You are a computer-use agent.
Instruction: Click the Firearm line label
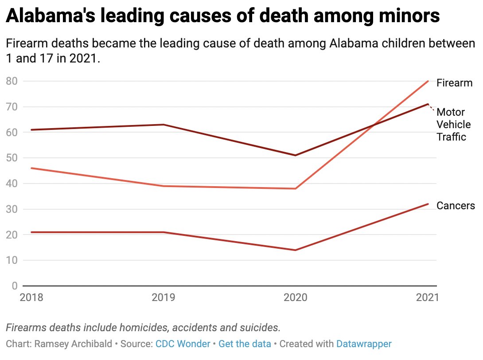tap(454, 83)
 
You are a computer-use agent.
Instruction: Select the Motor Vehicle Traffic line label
tap(451, 125)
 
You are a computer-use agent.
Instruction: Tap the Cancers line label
tap(456, 206)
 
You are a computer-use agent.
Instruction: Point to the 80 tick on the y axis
tap(12, 81)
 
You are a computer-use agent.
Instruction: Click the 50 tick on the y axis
tap(12, 158)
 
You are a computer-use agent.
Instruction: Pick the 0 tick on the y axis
tap(14, 286)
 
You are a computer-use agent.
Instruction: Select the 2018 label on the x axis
tap(31, 297)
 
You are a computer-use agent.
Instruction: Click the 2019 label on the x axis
tap(164, 297)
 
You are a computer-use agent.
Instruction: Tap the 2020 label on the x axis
tap(296, 297)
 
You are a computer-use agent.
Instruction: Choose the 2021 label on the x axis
tap(427, 297)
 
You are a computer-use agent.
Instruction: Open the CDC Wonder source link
tap(183, 344)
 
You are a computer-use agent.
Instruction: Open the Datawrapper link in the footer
tap(364, 344)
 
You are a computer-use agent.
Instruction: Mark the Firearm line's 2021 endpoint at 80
tap(428, 81)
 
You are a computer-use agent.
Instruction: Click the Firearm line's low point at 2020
tap(296, 188)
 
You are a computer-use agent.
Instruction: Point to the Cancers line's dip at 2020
tap(296, 250)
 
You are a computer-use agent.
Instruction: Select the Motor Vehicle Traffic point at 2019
tap(164, 125)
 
